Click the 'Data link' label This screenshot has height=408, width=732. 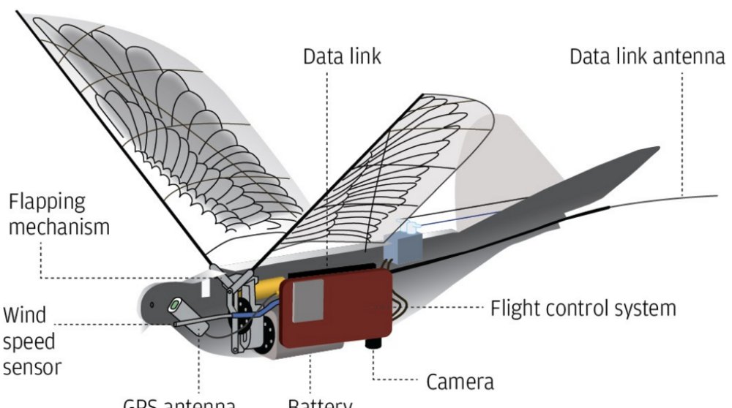click(342, 56)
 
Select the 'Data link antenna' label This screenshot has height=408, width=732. click(646, 56)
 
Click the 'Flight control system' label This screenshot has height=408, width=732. click(583, 308)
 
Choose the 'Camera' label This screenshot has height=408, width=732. click(460, 381)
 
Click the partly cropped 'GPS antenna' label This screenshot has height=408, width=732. click(179, 404)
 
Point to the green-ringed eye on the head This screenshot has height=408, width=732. click(176, 303)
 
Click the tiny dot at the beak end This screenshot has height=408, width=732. click(151, 304)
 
